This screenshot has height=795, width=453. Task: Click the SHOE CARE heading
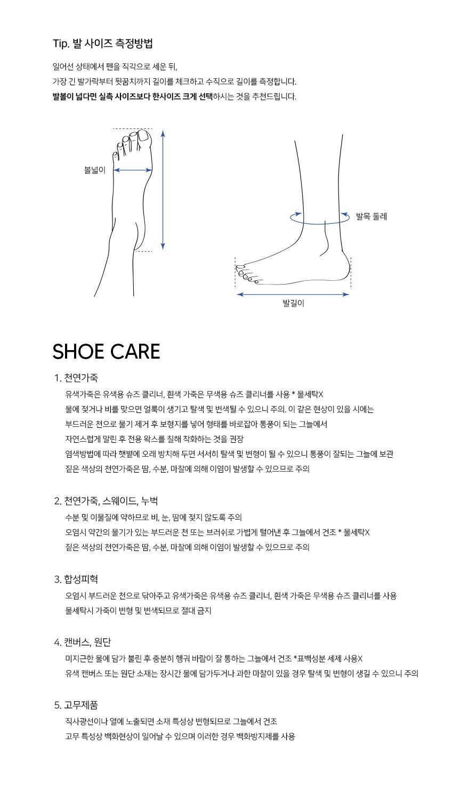point(106,351)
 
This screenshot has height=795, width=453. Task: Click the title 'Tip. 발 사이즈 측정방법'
point(103,44)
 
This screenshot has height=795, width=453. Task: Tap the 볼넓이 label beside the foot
point(95,170)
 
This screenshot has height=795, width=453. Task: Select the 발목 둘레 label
point(371,216)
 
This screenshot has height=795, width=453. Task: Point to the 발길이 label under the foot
point(293,303)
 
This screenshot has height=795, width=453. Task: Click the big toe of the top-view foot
point(144,136)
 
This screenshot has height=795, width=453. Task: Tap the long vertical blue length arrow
point(163,190)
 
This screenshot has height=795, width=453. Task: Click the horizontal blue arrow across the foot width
point(133,170)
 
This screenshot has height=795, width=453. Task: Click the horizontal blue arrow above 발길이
point(293,294)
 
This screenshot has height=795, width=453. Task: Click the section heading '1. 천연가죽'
point(76,378)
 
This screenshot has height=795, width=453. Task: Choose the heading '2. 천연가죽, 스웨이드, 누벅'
point(106,501)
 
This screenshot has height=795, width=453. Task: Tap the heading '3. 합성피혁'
point(76,579)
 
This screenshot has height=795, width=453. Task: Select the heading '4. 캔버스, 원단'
point(83,642)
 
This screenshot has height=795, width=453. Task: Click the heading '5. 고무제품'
point(76,705)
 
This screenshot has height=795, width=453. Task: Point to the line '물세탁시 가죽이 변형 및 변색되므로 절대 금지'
point(138,611)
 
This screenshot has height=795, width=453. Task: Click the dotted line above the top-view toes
point(132,128)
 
